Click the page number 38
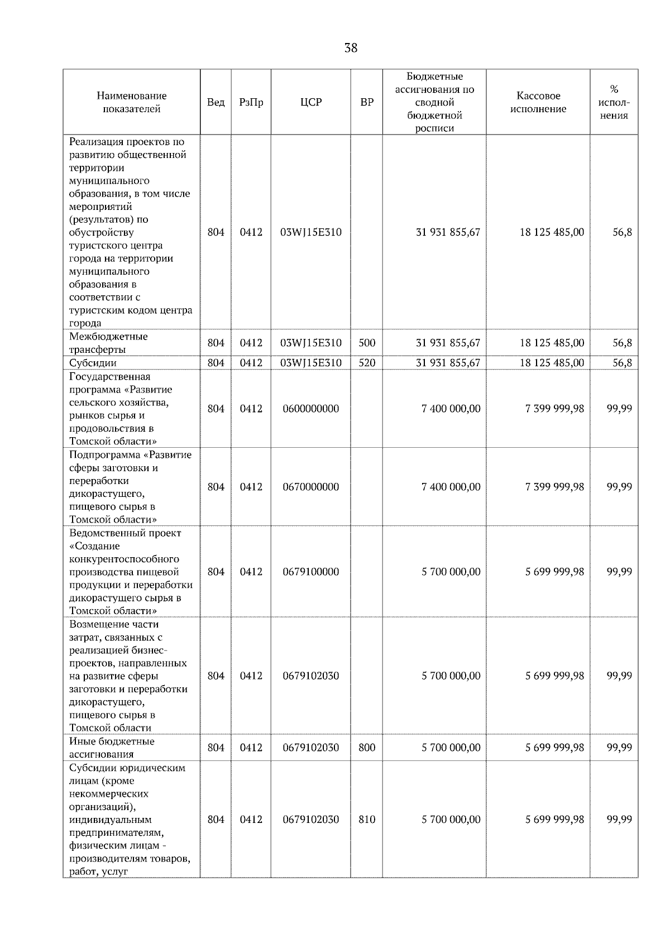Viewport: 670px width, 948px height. coord(351,48)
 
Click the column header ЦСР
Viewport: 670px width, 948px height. coord(311,102)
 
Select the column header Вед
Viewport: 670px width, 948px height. coord(216,102)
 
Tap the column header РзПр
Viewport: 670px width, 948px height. coord(251,102)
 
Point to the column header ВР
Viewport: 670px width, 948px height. coord(367,102)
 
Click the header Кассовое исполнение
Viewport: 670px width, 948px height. coord(538,102)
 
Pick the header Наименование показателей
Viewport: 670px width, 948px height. coord(131,102)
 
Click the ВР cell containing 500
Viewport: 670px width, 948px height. coord(367,343)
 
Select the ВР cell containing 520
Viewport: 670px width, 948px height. coord(367,363)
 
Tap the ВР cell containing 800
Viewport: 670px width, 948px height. coord(367,748)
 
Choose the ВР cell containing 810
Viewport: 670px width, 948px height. coord(367,820)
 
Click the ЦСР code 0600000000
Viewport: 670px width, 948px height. coord(311,409)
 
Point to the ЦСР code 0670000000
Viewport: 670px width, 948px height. coord(311,487)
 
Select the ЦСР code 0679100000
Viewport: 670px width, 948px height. coord(311,572)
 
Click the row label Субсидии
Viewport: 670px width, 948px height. coord(93,363)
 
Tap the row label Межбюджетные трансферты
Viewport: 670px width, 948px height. coord(108,343)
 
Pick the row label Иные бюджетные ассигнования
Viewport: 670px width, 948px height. coord(112,748)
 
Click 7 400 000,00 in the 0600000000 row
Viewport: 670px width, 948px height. coord(451,409)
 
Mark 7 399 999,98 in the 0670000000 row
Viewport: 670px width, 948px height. coord(554,487)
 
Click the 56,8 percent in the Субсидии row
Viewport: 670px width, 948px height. coord(622,363)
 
